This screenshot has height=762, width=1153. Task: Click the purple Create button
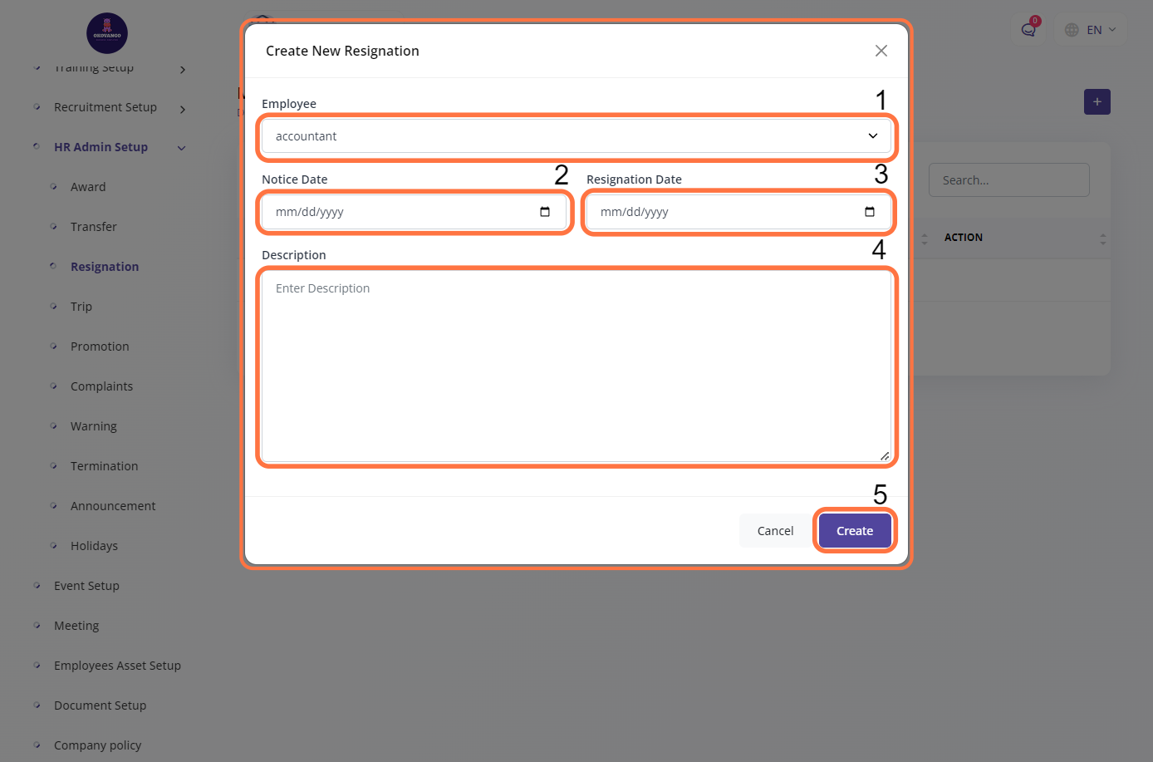click(855, 531)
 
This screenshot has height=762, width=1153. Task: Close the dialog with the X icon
click(881, 51)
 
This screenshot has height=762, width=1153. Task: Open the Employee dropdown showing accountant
click(576, 136)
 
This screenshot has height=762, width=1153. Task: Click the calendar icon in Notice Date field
click(545, 212)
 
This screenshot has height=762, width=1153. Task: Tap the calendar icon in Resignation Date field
click(870, 212)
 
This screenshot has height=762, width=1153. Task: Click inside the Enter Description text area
click(576, 366)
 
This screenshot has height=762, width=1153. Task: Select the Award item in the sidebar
click(88, 187)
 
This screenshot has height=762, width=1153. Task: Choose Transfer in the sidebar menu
click(93, 227)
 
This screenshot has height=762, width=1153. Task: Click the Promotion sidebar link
click(100, 347)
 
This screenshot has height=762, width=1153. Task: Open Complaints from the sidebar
click(101, 386)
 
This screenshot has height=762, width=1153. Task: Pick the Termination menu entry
click(104, 466)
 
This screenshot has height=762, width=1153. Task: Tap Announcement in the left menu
click(113, 506)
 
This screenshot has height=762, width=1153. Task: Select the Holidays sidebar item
click(94, 546)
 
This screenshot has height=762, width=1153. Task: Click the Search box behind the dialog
click(1008, 180)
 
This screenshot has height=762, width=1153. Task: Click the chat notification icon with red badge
click(1028, 30)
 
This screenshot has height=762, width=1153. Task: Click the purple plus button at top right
click(1097, 102)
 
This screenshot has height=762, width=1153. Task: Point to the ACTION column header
click(964, 238)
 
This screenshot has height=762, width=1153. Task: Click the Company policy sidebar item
click(97, 745)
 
